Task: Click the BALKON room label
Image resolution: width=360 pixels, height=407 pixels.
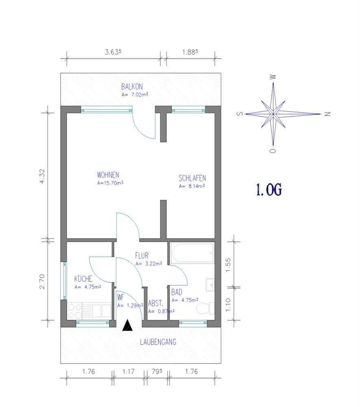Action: pyautogui.click(x=132, y=86)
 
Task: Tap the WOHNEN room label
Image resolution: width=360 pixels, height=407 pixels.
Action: pyautogui.click(x=108, y=175)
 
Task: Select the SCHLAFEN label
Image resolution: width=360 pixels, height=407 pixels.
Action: pyautogui.click(x=192, y=178)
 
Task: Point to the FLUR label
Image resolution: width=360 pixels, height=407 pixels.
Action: pyautogui.click(x=142, y=256)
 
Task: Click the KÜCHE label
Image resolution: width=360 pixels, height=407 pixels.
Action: pyautogui.click(x=83, y=279)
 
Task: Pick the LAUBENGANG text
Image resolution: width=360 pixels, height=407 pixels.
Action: pyautogui.click(x=158, y=342)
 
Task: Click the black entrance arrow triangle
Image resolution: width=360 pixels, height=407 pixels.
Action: pyautogui.click(x=127, y=325)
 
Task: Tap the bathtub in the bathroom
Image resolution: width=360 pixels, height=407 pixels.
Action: pyautogui.click(x=192, y=253)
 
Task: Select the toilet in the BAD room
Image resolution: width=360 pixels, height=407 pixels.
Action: pyautogui.click(x=205, y=308)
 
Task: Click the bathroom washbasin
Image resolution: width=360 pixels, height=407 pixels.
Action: pyautogui.click(x=210, y=285)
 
